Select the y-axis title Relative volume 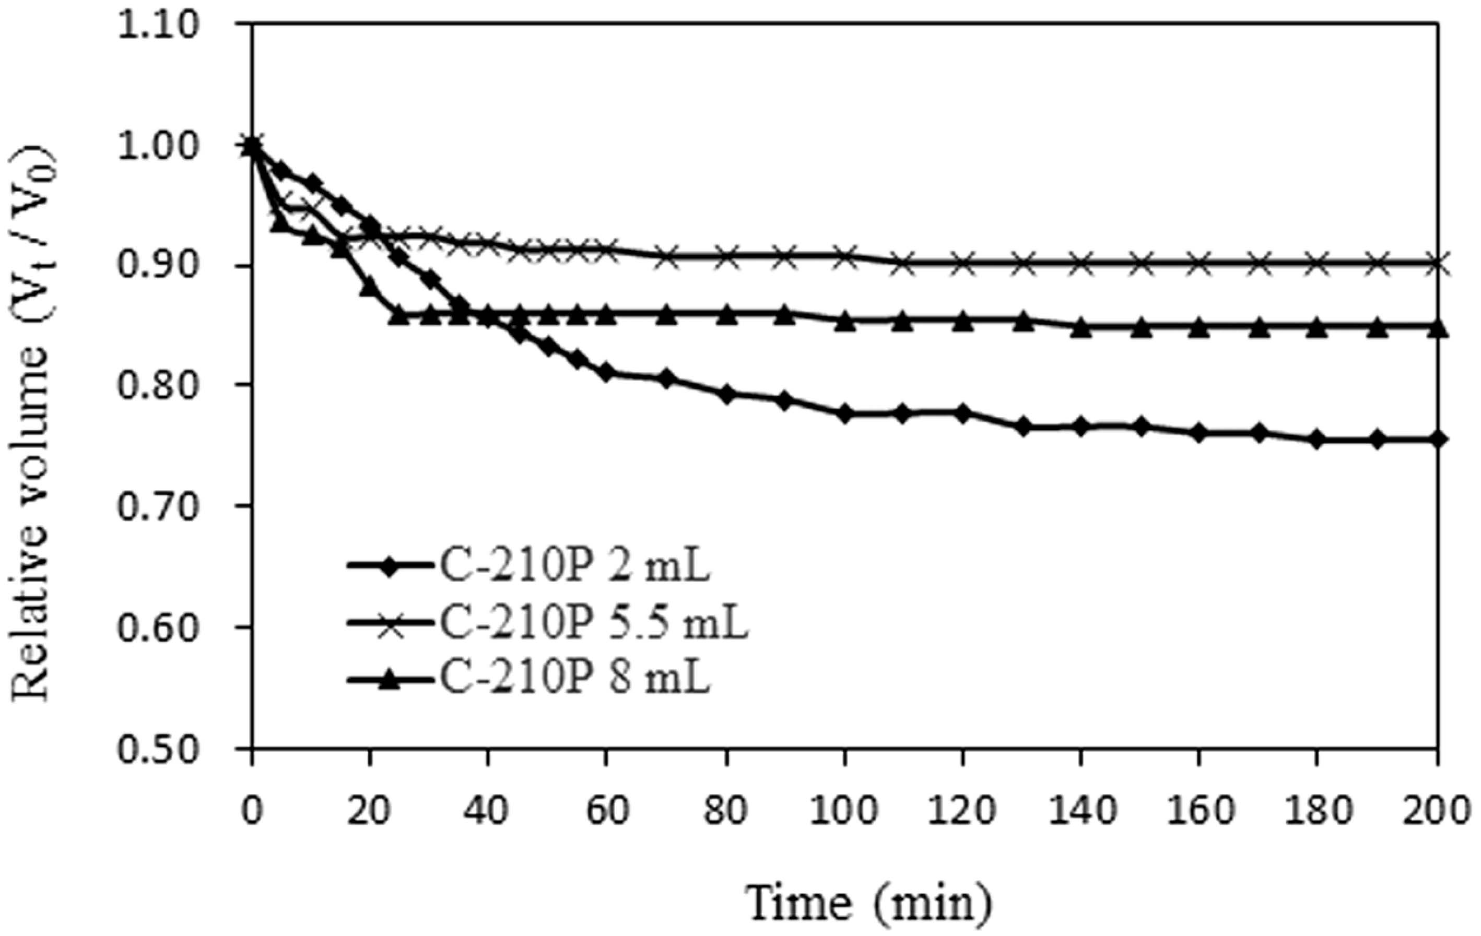34,424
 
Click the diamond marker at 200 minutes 1437,440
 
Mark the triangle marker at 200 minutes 1437,328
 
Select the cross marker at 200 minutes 1437,265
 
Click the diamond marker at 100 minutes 844,414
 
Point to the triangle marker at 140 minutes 1080,328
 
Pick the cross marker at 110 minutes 903,264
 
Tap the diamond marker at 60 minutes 607,373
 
